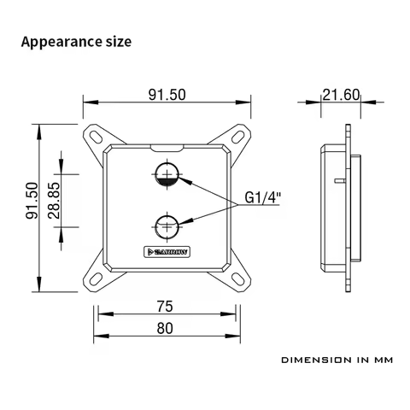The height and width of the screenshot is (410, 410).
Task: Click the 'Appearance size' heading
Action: tap(76, 41)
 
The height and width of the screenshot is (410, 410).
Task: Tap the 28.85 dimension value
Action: tap(54, 202)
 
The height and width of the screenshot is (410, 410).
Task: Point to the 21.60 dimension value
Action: tap(341, 95)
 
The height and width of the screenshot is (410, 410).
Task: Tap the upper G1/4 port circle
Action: tap(167, 174)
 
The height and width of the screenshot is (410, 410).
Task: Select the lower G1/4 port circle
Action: tap(167, 227)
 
